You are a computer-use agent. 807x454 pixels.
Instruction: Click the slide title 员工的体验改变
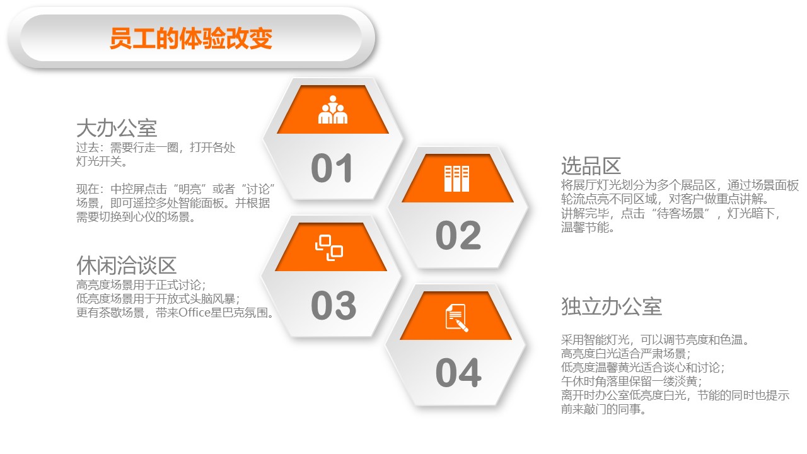pos(191,38)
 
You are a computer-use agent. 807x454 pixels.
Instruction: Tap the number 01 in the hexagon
pos(332,168)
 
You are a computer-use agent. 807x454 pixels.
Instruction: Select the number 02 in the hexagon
pos(458,235)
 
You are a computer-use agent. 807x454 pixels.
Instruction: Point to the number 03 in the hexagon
pos(334,305)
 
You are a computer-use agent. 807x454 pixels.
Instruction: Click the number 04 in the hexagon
pos(458,373)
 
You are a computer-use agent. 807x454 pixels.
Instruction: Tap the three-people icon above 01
pos(332,110)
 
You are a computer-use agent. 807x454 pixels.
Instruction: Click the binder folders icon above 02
pos(456,178)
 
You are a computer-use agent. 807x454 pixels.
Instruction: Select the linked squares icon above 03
pos(329,248)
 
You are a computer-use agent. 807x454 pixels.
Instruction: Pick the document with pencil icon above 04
pos(456,317)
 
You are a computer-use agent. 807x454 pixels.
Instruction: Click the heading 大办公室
pos(117,128)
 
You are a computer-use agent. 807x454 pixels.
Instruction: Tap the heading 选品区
pos(591,166)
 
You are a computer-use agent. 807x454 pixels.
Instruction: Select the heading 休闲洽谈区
pos(127,265)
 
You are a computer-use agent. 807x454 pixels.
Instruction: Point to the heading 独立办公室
pos(612,306)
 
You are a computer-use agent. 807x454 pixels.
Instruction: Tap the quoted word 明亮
pos(190,189)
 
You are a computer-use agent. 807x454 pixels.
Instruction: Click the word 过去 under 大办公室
pos(88,148)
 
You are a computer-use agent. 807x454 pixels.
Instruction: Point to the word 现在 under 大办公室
pos(88,189)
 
